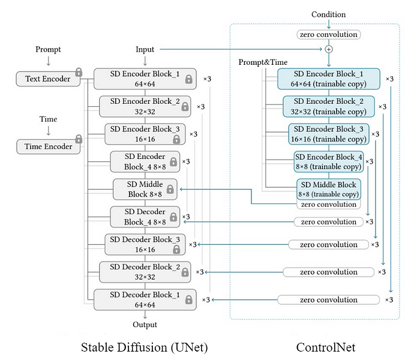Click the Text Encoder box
(x=48, y=79)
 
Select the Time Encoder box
(x=48, y=146)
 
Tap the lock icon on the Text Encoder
(x=79, y=72)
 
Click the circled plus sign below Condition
(x=329, y=49)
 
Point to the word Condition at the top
(x=328, y=14)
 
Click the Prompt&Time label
(x=263, y=62)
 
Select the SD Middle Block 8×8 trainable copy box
(x=329, y=190)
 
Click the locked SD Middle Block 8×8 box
(x=145, y=190)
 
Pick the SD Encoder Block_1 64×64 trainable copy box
(x=329, y=79)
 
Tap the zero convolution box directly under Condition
(x=329, y=35)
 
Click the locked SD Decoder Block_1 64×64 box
(x=145, y=300)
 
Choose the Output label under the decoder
(x=145, y=325)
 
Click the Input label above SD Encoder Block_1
(x=145, y=50)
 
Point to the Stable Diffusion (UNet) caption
(x=145, y=347)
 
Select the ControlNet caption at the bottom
(x=326, y=347)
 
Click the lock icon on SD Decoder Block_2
(x=185, y=272)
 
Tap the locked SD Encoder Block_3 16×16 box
(x=145, y=134)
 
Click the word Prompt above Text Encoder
(x=48, y=50)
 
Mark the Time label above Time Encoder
(x=48, y=119)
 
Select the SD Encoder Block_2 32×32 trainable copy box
(x=329, y=106)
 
